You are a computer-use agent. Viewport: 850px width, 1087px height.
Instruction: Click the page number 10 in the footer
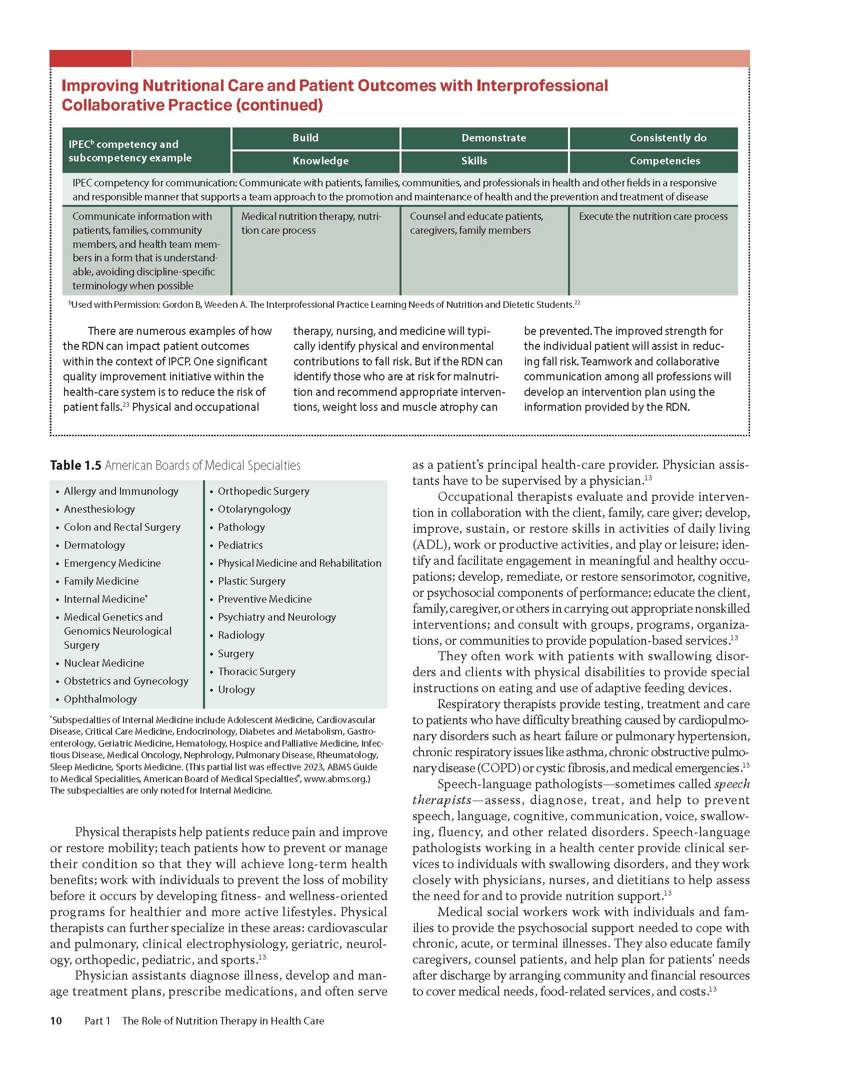pos(56,1021)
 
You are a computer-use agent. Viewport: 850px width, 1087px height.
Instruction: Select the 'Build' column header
pos(305,138)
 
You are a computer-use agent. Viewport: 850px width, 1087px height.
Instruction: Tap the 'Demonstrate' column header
pos(493,138)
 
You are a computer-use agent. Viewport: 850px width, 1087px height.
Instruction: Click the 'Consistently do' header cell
pos(668,138)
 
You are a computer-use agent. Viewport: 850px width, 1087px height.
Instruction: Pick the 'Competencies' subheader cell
pos(664,161)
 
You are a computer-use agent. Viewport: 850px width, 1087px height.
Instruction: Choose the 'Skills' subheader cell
pos(474,161)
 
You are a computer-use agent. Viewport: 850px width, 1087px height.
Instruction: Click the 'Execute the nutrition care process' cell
pos(653,216)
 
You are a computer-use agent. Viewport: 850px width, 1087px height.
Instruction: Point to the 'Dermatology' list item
pos(94,545)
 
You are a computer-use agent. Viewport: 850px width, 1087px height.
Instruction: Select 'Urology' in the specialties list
pos(236,690)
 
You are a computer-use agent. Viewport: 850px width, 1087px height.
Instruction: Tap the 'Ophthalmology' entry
pos(100,699)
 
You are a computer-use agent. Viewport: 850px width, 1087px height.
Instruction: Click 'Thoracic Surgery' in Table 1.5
pos(256,672)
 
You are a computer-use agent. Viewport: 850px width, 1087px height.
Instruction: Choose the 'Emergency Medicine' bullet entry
pos(112,563)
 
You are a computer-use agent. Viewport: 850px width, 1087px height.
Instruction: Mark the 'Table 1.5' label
pos(75,466)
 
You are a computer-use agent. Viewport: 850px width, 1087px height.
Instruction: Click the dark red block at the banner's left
pos(90,58)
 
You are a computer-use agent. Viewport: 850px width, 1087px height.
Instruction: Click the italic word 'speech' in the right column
pos(732,784)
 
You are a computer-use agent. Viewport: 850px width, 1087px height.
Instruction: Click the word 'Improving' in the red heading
pos(99,85)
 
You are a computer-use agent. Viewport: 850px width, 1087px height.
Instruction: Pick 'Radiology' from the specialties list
pos(241,635)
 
